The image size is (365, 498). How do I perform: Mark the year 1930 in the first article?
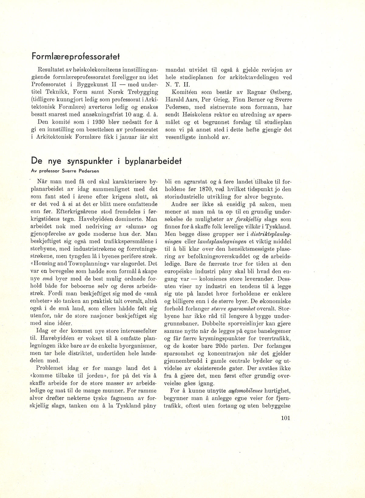click(x=84, y=122)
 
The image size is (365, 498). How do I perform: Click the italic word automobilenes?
click(x=244, y=391)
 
